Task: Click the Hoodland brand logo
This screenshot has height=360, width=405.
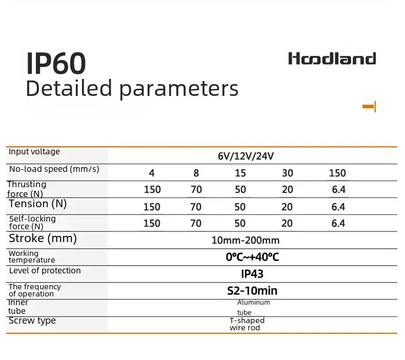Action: click(332, 58)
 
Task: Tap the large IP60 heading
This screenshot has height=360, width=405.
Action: click(56, 63)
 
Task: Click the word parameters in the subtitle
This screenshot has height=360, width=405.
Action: click(179, 89)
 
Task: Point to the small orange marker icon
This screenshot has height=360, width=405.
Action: click(369, 107)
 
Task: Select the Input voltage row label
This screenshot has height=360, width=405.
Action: click(34, 151)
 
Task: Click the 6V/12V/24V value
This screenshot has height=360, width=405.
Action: click(246, 156)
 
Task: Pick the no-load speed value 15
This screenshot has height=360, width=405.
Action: click(240, 173)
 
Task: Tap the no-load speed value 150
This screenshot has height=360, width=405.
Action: click(337, 173)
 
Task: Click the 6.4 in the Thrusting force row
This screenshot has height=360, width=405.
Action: click(339, 189)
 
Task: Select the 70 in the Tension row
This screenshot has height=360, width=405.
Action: click(196, 207)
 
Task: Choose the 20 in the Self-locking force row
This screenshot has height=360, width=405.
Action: click(287, 223)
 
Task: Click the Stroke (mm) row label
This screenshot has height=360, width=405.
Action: click(43, 238)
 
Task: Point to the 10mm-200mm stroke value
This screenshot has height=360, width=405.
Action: click(246, 241)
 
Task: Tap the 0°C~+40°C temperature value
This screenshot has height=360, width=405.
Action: click(252, 257)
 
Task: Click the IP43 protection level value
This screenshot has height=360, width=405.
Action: click(252, 274)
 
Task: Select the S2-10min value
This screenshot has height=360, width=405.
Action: click(252, 291)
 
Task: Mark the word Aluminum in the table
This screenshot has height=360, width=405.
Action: click(254, 303)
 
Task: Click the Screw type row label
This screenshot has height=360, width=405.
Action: click(32, 321)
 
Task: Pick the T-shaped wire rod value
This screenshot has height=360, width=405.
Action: click(247, 324)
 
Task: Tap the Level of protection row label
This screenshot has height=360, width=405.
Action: click(45, 271)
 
